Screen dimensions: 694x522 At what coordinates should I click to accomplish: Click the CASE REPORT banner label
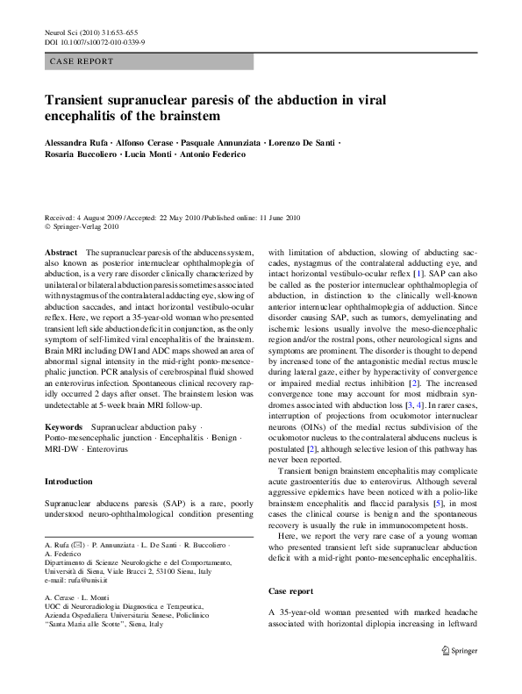82,62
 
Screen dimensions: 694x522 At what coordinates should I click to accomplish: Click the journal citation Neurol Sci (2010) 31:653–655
88,32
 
